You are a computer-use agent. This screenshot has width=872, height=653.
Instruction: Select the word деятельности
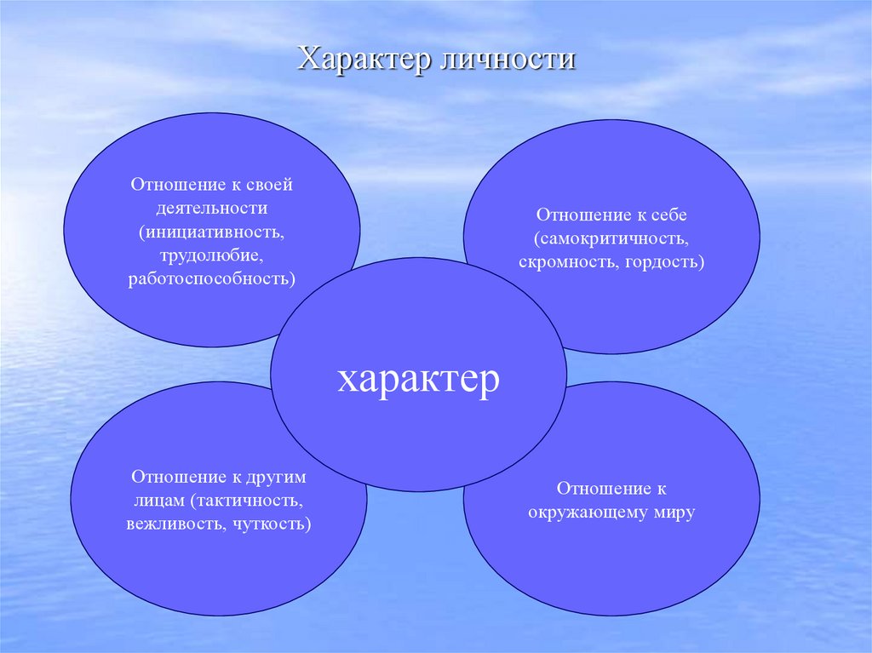coord(211,208)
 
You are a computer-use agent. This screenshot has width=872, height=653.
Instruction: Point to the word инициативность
coord(214,231)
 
